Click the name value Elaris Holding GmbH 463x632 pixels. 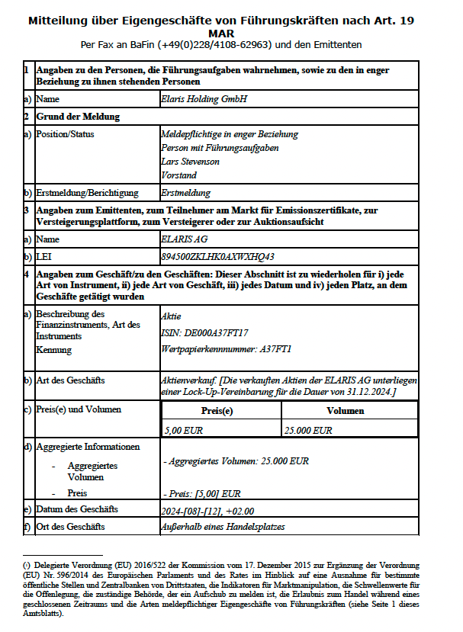pyautogui.click(x=204, y=99)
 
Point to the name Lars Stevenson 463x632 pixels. pyautogui.click(x=190, y=162)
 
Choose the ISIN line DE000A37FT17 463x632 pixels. pyautogui.click(x=205, y=332)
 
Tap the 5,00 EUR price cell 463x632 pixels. pyautogui.click(x=182, y=430)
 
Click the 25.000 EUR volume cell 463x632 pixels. pyautogui.click(x=308, y=430)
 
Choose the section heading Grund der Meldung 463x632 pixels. pyautogui.click(x=78, y=117)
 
